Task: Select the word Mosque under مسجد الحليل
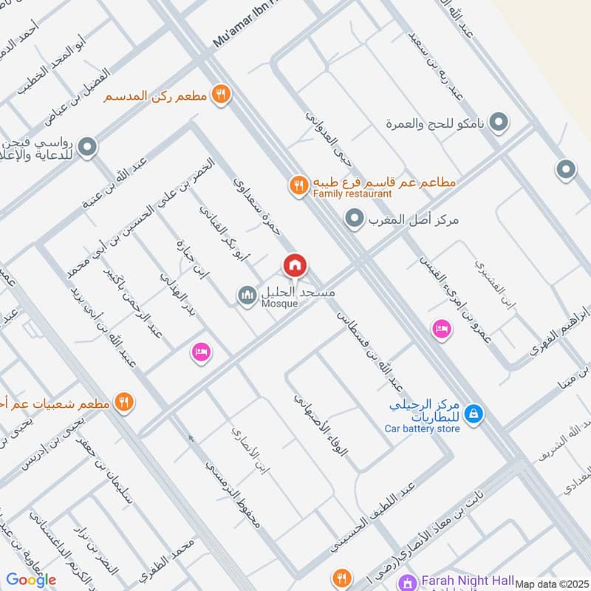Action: [x=280, y=304]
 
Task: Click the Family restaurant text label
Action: [x=352, y=194]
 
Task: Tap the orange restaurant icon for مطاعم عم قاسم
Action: [x=298, y=185]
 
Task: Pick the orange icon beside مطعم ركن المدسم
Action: [x=220, y=95]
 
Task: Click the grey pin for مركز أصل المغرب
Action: [x=355, y=218]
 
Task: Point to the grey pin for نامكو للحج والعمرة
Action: [x=499, y=121]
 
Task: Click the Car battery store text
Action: [x=423, y=427]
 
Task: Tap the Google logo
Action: [x=31, y=579]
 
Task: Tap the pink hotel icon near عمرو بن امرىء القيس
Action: [x=441, y=329]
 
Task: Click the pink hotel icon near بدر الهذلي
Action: [x=201, y=352]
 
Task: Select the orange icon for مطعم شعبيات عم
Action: [x=123, y=403]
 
